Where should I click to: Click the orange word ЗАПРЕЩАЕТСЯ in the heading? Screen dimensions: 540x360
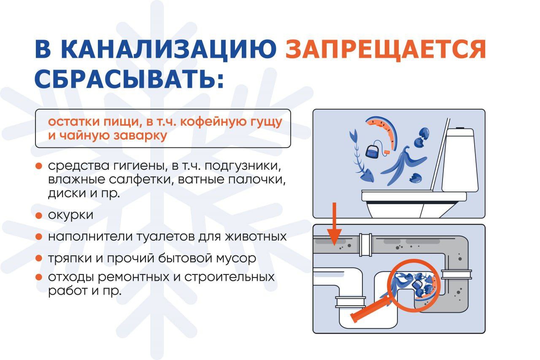[385, 50]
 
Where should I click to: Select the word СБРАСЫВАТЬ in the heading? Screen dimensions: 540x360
[130, 79]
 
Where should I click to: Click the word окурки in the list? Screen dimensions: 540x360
[70, 215]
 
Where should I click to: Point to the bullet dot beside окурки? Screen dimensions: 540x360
[39, 215]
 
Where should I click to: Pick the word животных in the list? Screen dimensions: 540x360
[256, 236]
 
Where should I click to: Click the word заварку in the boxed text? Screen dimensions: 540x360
[140, 136]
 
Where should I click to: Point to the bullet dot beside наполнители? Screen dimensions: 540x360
[39, 236]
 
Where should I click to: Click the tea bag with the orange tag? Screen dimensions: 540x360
[375, 150]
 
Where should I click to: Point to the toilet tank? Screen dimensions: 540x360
[459, 160]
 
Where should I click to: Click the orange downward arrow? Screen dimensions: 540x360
[335, 224]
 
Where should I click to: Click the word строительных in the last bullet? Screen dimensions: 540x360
[229, 277]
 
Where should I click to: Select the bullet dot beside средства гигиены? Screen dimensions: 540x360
[39, 166]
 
